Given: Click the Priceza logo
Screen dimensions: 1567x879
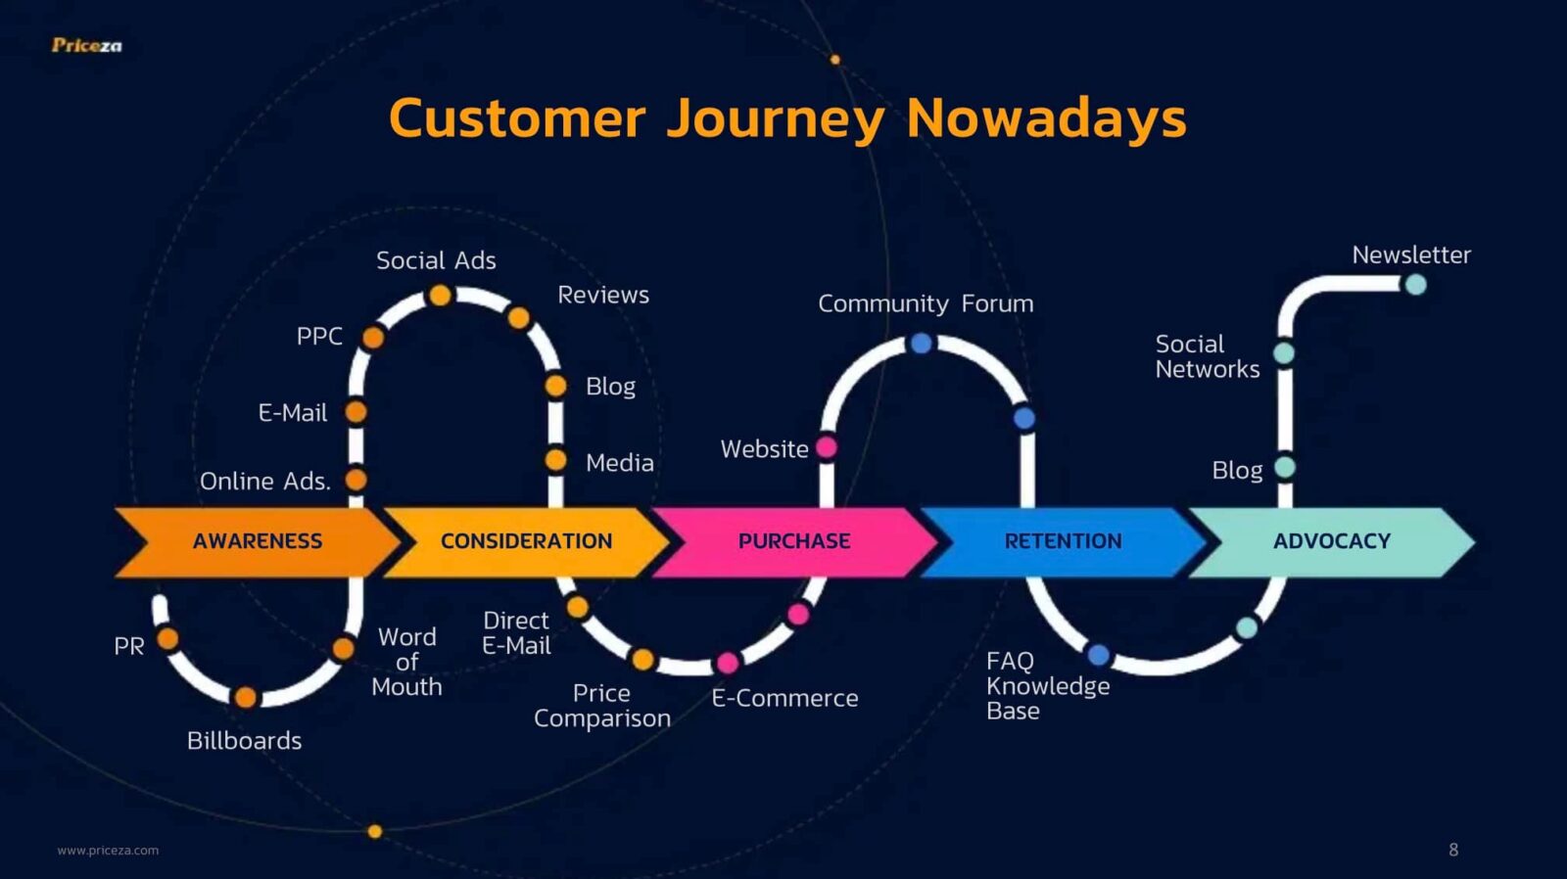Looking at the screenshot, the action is pyautogui.click(x=87, y=45).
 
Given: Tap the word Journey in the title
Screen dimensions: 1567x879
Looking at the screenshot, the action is pyautogui.click(x=776, y=118).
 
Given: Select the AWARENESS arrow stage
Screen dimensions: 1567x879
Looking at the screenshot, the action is pyautogui.click(x=258, y=542).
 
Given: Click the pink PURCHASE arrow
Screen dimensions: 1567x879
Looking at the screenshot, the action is pyautogui.click(x=794, y=542).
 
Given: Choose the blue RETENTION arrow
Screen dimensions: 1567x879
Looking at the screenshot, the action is pyautogui.click(x=1064, y=542).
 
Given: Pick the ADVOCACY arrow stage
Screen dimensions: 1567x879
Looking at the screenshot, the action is pyautogui.click(x=1332, y=542).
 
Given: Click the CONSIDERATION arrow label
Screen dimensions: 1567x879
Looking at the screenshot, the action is pyautogui.click(x=526, y=541).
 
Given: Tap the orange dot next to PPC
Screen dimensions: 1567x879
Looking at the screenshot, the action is pyautogui.click(x=373, y=338).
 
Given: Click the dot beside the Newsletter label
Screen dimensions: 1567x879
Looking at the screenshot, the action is pyautogui.click(x=1416, y=285).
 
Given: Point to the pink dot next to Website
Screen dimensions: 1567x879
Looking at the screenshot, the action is pyautogui.click(x=827, y=447).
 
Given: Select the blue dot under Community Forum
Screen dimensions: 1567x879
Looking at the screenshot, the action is pyautogui.click(x=922, y=344).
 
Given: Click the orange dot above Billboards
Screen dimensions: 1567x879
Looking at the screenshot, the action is pyautogui.click(x=246, y=697).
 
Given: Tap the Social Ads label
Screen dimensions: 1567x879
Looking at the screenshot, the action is pyautogui.click(x=436, y=260).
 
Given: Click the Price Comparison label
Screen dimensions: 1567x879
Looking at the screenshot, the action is pyautogui.click(x=601, y=706).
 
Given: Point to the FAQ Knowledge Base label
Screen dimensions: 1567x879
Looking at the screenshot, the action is pyautogui.click(x=1048, y=686).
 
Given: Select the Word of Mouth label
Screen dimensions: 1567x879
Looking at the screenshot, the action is pyautogui.click(x=406, y=662).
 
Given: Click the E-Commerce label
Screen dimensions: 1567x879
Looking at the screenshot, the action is pyautogui.click(x=784, y=698).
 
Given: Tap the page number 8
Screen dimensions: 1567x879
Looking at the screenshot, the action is pyautogui.click(x=1453, y=850).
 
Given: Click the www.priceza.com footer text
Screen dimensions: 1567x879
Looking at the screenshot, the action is pyautogui.click(x=108, y=851).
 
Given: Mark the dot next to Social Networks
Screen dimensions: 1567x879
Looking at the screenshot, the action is pyautogui.click(x=1284, y=353).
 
